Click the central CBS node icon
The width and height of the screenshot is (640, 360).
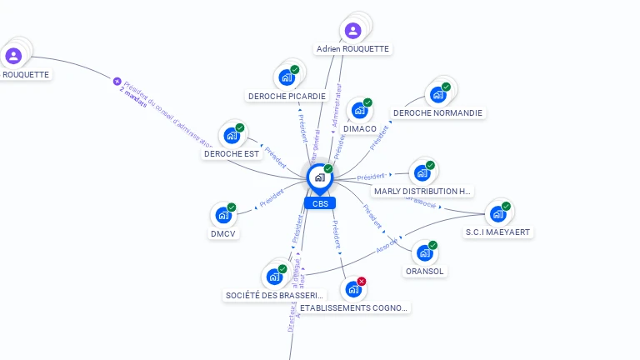tap(319, 177)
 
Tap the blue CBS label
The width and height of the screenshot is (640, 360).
tap(320, 203)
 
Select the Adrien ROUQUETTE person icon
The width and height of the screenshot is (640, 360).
tap(353, 31)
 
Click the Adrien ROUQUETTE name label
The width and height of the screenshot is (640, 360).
tap(353, 49)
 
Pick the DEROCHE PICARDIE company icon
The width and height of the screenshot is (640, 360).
tap(287, 77)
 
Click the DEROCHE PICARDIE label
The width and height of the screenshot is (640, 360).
tap(287, 96)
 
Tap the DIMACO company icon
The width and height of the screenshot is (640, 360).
tap(359, 110)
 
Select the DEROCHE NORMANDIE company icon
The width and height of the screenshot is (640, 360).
tap(437, 94)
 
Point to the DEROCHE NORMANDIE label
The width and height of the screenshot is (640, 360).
tap(437, 113)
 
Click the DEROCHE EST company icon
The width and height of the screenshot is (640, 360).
tap(232, 135)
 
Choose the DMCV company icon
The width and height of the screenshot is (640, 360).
tap(223, 215)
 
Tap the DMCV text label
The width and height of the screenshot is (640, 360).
tap(223, 234)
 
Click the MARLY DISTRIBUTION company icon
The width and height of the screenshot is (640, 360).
tap(422, 172)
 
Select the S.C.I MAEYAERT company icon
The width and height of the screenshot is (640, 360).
tap(497, 213)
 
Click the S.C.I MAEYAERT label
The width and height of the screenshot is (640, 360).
tap(498, 232)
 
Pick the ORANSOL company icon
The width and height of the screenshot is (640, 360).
tap(424, 252)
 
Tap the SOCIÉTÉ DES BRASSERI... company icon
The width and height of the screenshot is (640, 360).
tap(274, 277)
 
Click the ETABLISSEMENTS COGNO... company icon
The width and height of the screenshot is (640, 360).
tap(353, 289)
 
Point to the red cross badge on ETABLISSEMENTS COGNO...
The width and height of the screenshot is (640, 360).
tap(362, 282)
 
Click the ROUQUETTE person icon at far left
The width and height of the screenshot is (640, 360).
tap(13, 56)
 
